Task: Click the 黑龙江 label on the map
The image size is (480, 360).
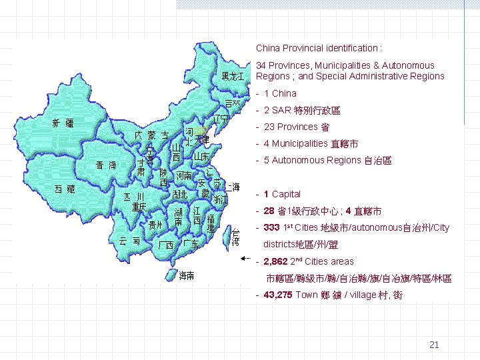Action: click(x=233, y=76)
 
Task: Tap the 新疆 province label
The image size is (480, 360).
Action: click(x=63, y=123)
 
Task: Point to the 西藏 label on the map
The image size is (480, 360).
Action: click(x=64, y=189)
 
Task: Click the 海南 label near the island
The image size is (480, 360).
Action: click(x=187, y=275)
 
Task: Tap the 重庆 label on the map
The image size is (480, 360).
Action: click(x=139, y=207)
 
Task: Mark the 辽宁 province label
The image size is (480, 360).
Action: click(x=221, y=119)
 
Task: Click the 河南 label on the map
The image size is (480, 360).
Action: click(x=183, y=175)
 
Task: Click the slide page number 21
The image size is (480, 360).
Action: click(x=434, y=345)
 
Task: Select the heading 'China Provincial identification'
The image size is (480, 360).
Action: click(x=319, y=48)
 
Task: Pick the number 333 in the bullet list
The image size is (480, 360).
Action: click(x=271, y=228)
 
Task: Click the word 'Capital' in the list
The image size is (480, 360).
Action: click(x=286, y=194)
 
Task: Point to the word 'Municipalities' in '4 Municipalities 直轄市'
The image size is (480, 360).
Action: click(x=299, y=143)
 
